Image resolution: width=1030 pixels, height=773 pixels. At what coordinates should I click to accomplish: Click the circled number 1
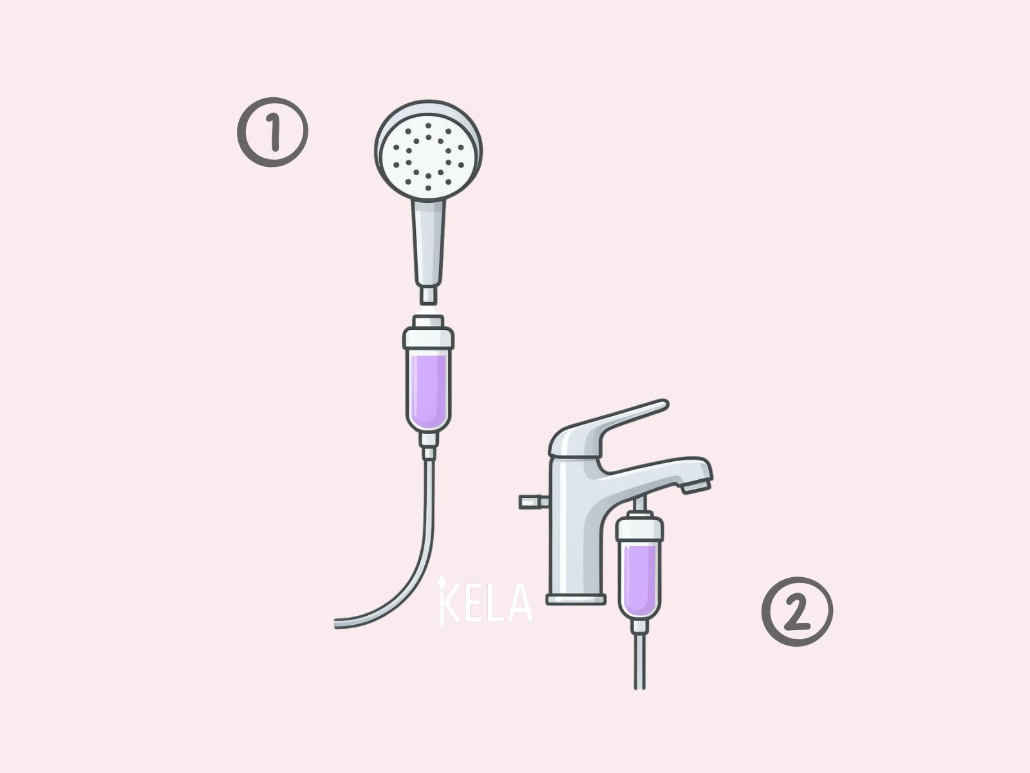tap(272, 132)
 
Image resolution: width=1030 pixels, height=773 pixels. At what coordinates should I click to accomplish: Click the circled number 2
tap(797, 612)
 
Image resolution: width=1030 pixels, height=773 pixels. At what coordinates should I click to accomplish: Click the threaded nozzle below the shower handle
tap(428, 296)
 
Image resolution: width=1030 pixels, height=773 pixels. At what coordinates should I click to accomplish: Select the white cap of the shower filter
tap(429, 334)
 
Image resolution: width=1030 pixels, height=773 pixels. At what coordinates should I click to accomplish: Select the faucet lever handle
tap(610, 427)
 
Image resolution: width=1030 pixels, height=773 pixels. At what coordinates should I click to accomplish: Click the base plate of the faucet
tap(576, 599)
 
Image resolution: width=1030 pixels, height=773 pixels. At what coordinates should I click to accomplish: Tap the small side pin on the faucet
tap(534, 502)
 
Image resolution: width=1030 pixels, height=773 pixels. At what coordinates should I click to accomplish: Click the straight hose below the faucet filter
tap(640, 662)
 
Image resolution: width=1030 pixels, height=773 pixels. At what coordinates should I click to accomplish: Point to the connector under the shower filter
tap(429, 446)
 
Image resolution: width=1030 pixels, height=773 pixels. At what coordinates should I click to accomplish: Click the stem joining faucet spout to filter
tap(640, 506)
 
